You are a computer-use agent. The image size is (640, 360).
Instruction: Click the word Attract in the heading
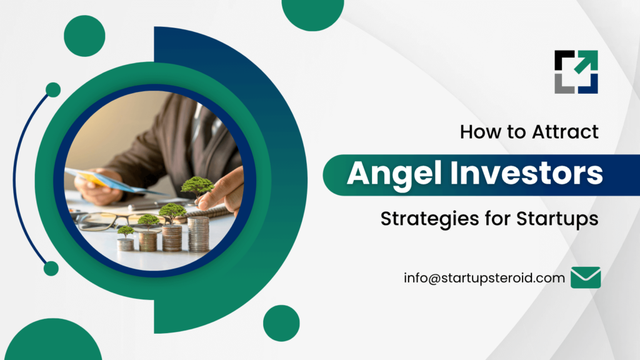(565, 132)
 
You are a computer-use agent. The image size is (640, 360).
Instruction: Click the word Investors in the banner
(526, 173)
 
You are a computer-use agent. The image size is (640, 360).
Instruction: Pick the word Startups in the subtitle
(557, 219)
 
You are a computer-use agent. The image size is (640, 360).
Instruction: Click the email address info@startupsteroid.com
(484, 278)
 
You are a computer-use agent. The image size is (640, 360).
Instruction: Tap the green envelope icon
(586, 277)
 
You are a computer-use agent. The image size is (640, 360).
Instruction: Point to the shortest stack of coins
(125, 244)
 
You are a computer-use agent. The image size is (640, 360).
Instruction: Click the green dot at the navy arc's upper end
(53, 90)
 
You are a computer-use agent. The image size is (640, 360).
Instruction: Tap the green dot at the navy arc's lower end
(51, 269)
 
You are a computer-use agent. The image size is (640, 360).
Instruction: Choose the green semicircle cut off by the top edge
(313, 15)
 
